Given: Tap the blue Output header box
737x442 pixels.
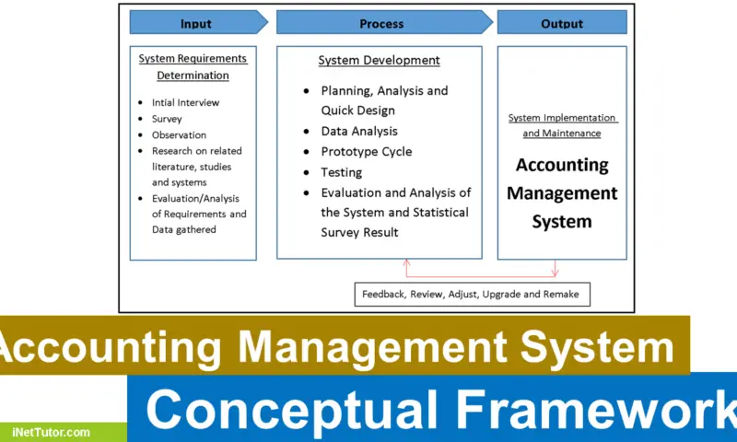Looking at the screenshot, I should click(x=562, y=23).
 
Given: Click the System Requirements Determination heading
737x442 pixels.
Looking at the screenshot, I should click(x=193, y=67).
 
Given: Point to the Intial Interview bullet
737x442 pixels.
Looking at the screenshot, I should click(x=185, y=102).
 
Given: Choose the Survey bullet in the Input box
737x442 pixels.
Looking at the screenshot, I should click(x=167, y=119).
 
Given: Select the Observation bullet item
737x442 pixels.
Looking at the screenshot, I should click(x=179, y=135).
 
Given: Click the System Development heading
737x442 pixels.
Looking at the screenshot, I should click(x=379, y=61).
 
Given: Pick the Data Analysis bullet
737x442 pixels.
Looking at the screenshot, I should click(x=359, y=132).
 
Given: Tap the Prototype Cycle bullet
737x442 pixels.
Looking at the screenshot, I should click(x=366, y=152).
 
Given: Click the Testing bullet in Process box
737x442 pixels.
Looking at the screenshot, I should click(x=341, y=172).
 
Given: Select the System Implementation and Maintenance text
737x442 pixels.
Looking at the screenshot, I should click(x=562, y=125).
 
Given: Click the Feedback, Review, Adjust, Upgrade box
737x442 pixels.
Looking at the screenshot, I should click(x=472, y=295).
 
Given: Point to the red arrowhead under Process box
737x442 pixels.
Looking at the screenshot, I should click(x=406, y=263).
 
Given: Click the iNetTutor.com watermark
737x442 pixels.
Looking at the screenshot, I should click(x=53, y=431).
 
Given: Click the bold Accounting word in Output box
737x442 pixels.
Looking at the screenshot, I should click(x=562, y=166).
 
